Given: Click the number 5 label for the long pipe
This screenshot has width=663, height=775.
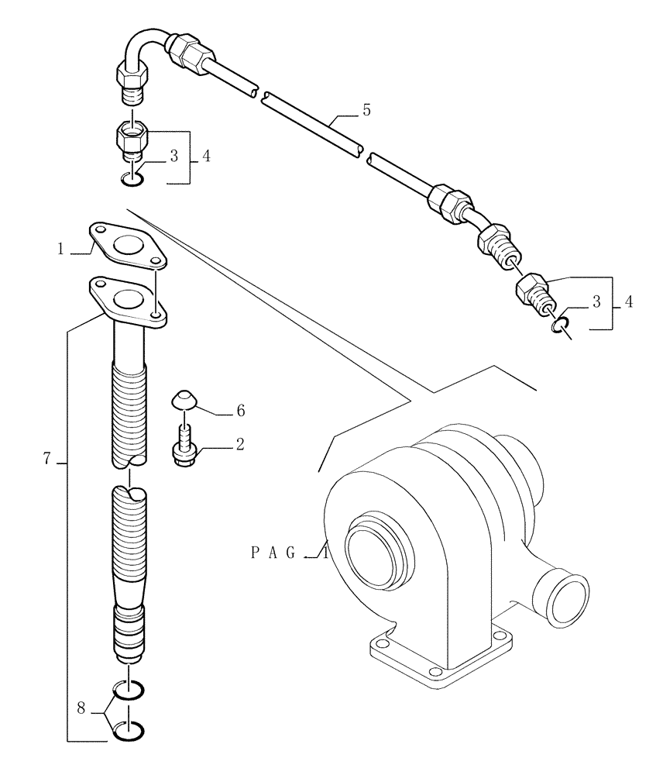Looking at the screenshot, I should (366, 110).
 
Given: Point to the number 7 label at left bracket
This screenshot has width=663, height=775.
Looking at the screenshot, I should (47, 460).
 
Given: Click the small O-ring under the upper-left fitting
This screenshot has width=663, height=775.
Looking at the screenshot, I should (132, 181).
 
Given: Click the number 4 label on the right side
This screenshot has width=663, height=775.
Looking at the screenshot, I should (628, 302).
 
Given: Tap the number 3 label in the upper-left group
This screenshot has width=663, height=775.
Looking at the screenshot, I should (173, 156).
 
